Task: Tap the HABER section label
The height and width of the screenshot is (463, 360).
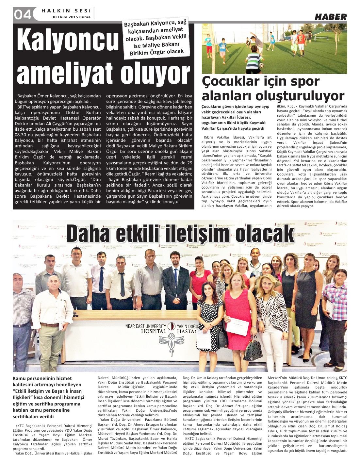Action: tap(331, 17)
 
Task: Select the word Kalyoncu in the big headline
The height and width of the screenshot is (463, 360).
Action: tap(68, 41)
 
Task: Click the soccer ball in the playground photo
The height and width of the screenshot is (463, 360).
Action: tap(262, 65)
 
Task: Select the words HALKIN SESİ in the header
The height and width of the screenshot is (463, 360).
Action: tap(66, 11)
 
